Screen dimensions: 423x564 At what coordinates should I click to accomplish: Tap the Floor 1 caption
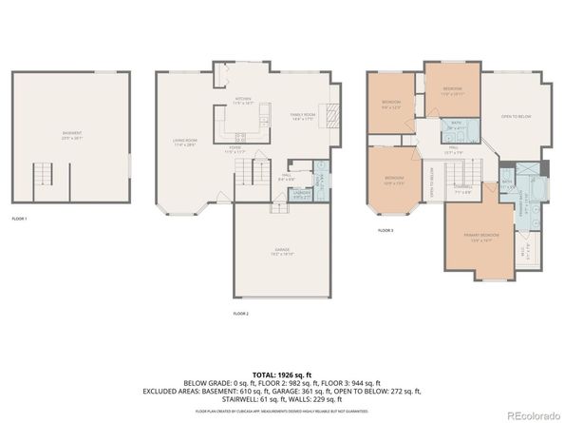tap(20, 218)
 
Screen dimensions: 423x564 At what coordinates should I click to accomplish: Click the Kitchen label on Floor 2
tap(242, 101)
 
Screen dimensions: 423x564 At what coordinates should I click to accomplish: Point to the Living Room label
tap(184, 144)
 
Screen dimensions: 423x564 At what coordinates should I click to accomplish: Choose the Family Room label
tap(304, 116)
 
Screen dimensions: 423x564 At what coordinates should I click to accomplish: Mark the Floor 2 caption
tap(241, 313)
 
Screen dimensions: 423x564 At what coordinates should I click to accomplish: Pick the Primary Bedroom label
tap(482, 237)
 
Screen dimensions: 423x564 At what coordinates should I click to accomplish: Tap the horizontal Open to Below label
tap(515, 116)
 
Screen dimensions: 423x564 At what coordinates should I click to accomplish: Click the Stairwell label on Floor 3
tap(462, 188)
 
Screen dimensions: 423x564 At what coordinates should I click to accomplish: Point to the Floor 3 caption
tap(385, 231)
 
